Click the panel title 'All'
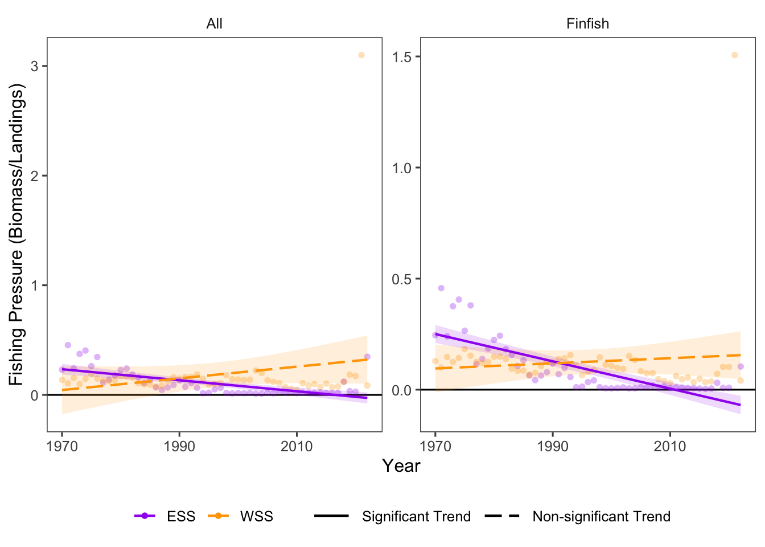pos(214,24)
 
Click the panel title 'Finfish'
pos(587,24)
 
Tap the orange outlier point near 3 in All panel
pos(361,55)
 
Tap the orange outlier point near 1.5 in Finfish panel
pos(734,55)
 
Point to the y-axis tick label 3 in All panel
pos(35,66)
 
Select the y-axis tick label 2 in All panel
pos(35,176)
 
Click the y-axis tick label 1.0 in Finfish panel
pos(402,168)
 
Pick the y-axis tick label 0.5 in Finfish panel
pos(402,279)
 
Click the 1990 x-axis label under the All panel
pos(179,446)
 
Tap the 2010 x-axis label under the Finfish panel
pos(670,446)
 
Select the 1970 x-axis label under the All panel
pos(62,446)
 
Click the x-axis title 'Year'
pos(401,466)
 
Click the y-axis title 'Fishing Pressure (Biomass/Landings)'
pos(17,235)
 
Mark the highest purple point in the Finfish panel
pos(441,288)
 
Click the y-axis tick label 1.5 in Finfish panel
pos(402,56)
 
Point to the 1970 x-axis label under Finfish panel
pos(435,446)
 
